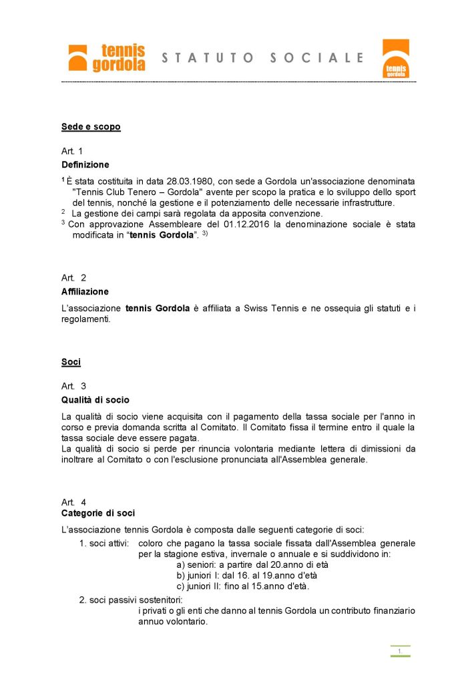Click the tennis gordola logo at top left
[106, 57]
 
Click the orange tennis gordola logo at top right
[395, 59]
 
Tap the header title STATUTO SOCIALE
[263, 58]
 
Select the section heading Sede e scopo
[91, 127]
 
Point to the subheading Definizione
[85, 164]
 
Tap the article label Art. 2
[73, 277]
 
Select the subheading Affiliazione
[85, 292]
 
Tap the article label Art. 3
[73, 386]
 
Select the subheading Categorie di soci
[97, 513]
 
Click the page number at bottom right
[400, 651]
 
